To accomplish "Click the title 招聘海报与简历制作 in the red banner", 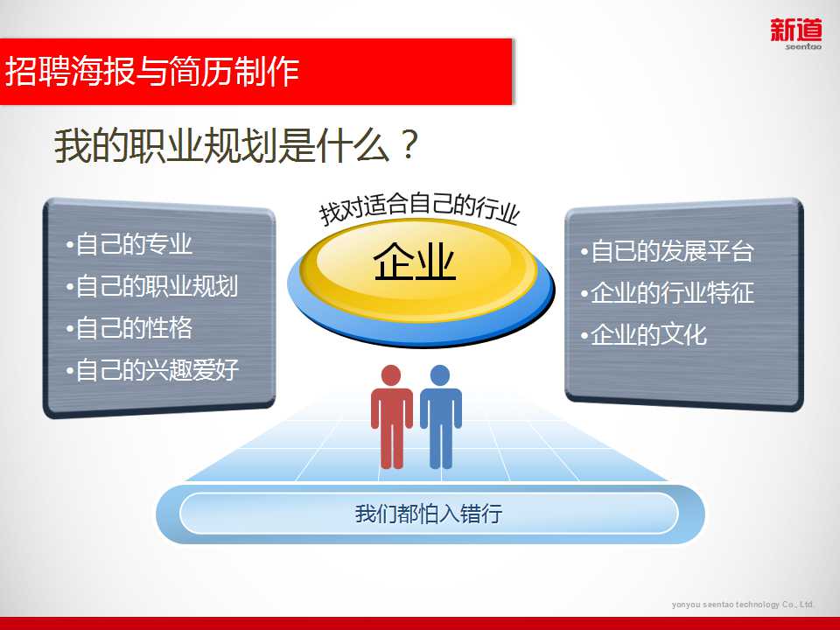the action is pyautogui.click(x=152, y=71).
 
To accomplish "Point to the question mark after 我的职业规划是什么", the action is pyautogui.click(x=409, y=144).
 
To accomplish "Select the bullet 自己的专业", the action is pyautogui.click(x=129, y=244).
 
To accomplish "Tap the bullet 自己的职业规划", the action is pyautogui.click(x=152, y=286).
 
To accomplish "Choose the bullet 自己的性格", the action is pyautogui.click(x=129, y=328).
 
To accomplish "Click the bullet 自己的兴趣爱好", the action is pyautogui.click(x=152, y=370).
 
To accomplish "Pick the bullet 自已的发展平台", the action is pyautogui.click(x=667, y=251).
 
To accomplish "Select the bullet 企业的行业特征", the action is pyautogui.click(x=667, y=293).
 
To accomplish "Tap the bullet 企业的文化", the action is pyautogui.click(x=644, y=335).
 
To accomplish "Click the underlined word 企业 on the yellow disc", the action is pyautogui.click(x=415, y=262).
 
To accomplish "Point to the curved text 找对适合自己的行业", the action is pyautogui.click(x=419, y=209).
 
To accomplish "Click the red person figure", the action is pyautogui.click(x=392, y=416).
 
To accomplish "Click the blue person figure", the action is pyautogui.click(x=440, y=416).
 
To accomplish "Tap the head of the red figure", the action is pyautogui.click(x=391, y=375).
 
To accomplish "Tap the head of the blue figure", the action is pyautogui.click(x=440, y=375).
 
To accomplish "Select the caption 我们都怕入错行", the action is pyautogui.click(x=429, y=514).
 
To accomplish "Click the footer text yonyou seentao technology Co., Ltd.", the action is pyautogui.click(x=743, y=605).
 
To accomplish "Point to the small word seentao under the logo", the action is pyautogui.click(x=803, y=46).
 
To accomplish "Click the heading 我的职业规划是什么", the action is pyautogui.click(x=221, y=145).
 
